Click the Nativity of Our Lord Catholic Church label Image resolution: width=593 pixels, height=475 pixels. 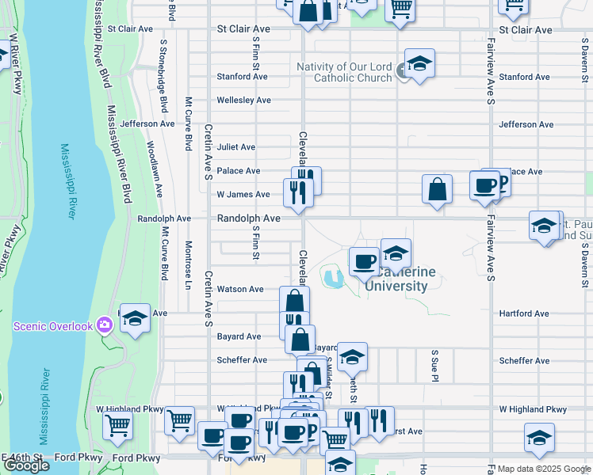344,72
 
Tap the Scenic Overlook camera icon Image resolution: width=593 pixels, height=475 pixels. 104,325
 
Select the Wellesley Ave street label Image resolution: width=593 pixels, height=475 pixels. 244,101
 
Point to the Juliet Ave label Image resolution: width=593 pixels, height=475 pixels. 236,147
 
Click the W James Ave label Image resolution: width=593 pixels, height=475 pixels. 243,195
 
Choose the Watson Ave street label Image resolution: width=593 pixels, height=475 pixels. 240,290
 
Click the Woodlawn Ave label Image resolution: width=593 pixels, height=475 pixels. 154,169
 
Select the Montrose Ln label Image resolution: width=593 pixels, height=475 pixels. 189,264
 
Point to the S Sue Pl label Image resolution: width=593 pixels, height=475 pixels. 434,365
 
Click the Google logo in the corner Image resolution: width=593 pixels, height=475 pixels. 26,465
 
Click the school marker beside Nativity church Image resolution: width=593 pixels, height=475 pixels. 419,64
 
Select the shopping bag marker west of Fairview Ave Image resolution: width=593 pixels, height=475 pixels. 437,189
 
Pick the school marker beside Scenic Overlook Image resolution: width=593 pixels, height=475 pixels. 135,319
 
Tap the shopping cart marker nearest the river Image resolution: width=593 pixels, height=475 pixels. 118,425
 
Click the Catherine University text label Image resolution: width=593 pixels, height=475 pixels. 400,279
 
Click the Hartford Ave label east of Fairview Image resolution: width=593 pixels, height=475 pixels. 524,314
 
